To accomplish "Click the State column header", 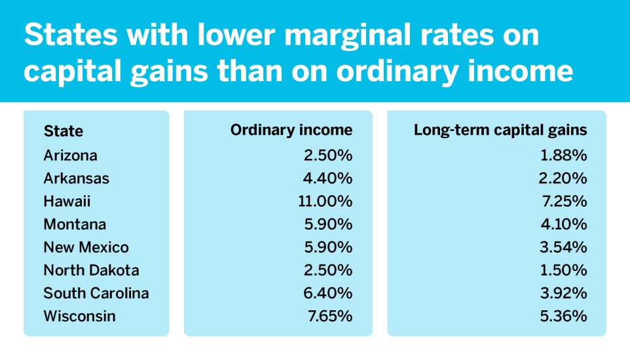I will point(64,131).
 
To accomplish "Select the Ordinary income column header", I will point(291,130).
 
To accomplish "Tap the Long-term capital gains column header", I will point(500,130).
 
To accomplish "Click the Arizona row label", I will point(70,156).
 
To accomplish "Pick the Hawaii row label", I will point(67,202).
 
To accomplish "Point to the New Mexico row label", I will point(86,247).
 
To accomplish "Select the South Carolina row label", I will point(96,293).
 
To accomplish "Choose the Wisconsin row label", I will point(79,316).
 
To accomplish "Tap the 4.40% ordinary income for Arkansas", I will point(331,179).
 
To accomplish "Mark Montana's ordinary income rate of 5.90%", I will point(331,225).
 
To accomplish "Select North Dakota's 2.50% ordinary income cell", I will point(331,270).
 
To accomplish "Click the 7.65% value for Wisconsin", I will point(331,316).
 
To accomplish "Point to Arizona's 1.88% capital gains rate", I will point(565,156).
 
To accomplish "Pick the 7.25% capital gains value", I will point(565,202).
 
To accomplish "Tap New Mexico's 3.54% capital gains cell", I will point(565,247).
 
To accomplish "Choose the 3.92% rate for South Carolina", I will point(565,293).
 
